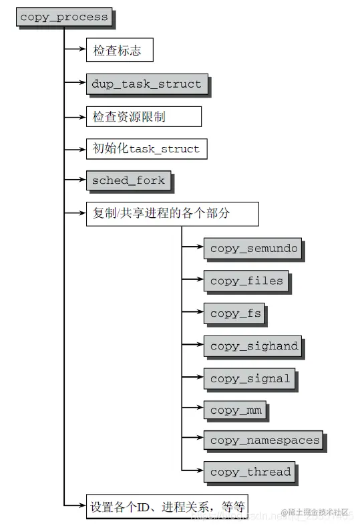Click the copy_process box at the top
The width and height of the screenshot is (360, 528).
tap(63, 17)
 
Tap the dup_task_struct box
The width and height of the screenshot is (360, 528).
tap(146, 84)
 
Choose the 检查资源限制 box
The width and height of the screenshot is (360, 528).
tap(143, 116)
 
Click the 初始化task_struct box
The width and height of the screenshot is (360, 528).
tap(146, 148)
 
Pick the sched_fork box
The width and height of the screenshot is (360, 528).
tap(128, 180)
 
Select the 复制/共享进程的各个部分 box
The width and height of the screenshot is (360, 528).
tap(172, 214)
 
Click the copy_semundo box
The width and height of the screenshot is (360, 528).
tap(253, 249)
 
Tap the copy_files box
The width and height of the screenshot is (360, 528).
tap(246, 281)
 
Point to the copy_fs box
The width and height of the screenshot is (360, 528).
tap(235, 313)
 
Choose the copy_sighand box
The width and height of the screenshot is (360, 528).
tap(253, 346)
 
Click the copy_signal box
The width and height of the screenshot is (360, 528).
tap(250, 378)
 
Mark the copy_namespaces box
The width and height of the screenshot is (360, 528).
tap(264, 440)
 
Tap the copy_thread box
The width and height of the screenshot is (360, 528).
tap(250, 472)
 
